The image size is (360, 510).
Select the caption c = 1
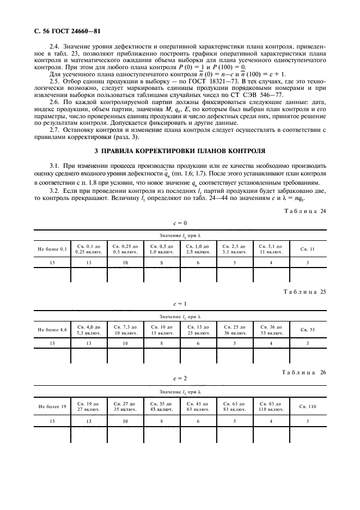tap(180, 303)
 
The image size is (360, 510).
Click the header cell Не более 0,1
tap(52, 249)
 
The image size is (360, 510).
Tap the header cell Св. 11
tap(307, 249)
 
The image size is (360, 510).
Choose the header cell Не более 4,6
tap(52, 330)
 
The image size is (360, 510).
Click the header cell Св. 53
tap(307, 330)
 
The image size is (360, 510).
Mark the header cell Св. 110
tap(307, 406)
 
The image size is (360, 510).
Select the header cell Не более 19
tap(52, 406)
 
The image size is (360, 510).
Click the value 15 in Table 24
tap(52, 263)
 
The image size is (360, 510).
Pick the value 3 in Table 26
tap(307, 421)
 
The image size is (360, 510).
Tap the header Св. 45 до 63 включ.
tap(198, 406)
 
